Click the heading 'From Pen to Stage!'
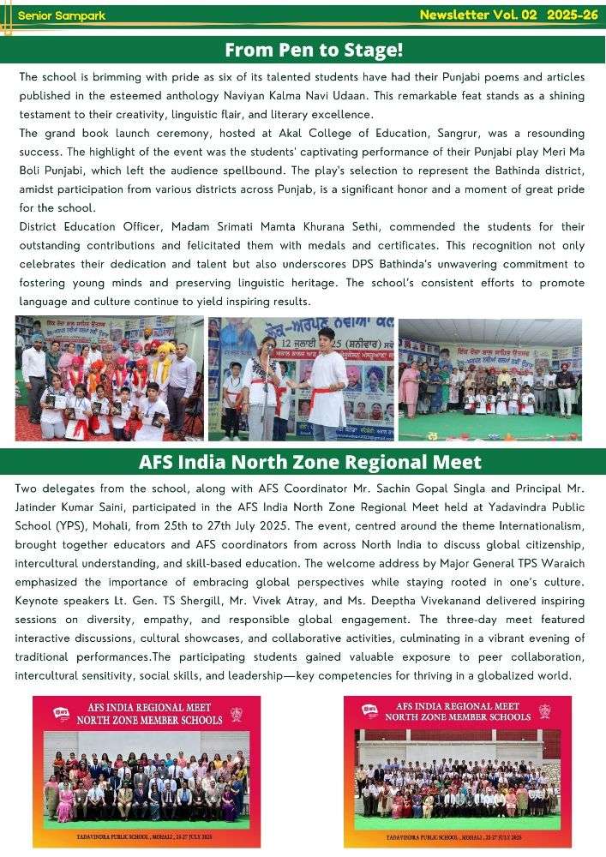click(313, 50)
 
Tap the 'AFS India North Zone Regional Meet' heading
click(309, 462)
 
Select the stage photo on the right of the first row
click(489, 378)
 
